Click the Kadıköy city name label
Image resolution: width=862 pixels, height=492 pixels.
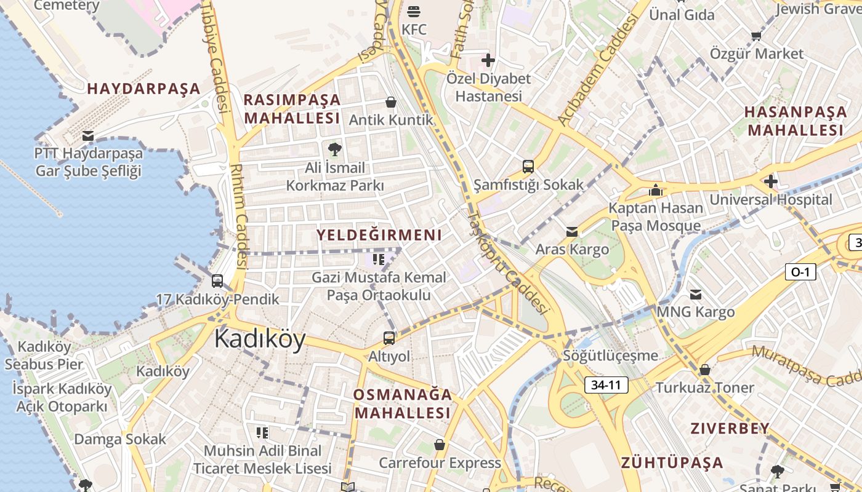260,339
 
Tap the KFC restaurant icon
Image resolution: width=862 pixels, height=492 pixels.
413,11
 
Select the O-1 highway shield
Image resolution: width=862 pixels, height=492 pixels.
800,271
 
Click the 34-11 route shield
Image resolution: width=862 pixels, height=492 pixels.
606,385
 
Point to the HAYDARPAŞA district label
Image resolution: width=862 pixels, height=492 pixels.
143,89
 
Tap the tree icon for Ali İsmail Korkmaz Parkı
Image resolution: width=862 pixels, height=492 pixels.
334,149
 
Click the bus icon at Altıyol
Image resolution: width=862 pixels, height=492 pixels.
389,338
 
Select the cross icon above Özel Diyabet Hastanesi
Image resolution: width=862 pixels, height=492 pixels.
488,60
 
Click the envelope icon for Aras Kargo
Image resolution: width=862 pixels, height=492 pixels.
572,231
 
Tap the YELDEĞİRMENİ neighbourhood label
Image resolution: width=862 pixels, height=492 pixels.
379,234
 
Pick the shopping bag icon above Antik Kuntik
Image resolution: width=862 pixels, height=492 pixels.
390,101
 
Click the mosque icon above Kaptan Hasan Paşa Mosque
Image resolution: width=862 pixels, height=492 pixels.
656,190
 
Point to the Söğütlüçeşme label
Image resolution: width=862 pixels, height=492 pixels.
610,355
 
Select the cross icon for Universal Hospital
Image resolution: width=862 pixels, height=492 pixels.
770,181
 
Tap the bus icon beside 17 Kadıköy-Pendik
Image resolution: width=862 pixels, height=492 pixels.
217,281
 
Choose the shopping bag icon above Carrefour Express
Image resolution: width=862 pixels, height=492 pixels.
440,444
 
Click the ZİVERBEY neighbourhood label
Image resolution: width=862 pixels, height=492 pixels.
730,428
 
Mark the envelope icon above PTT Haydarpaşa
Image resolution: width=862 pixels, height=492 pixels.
88,135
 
